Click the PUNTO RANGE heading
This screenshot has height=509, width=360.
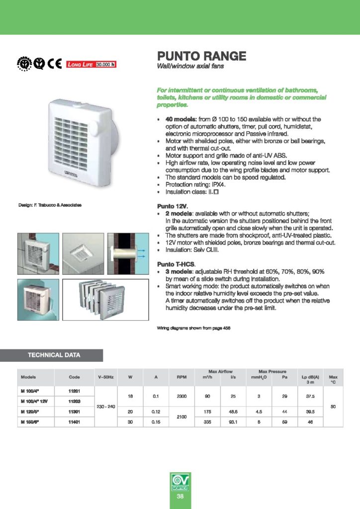201,56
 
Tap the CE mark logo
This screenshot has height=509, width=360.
55,64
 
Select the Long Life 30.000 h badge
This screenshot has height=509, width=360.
91,64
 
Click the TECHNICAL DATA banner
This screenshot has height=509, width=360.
53,355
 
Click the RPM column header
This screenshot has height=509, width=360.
181,377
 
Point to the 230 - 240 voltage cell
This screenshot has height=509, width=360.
105,407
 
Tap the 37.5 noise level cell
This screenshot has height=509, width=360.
310,396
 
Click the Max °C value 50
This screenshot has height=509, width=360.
333,407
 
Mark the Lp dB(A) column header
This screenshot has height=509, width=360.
310,377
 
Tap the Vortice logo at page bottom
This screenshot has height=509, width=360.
180,482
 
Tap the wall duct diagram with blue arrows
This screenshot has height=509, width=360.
126,254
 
